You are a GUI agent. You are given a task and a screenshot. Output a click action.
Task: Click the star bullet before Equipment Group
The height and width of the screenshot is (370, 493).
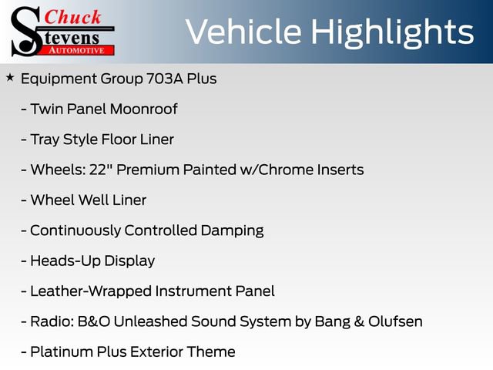[10, 78]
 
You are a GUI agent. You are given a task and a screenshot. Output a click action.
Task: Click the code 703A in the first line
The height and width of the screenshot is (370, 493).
[179, 79]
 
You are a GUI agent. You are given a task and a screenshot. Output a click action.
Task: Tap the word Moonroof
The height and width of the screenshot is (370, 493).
[143, 109]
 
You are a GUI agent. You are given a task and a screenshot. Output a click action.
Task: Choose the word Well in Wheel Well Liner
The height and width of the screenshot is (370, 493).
[95, 200]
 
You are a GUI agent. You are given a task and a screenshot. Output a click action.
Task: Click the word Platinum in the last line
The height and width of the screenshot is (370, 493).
[60, 351]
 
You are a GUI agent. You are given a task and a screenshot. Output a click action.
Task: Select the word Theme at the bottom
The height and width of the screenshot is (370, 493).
[210, 351]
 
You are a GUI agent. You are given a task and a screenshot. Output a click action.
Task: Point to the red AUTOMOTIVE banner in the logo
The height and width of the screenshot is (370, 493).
[75, 49]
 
